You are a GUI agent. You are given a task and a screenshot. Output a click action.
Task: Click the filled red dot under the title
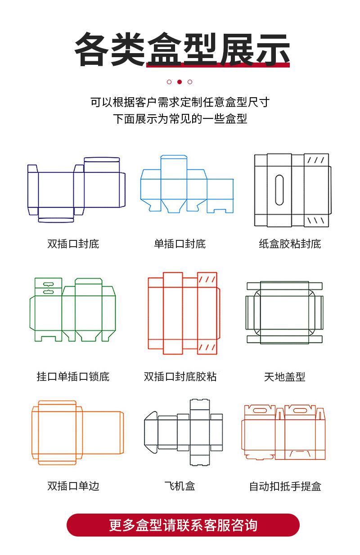(180, 82)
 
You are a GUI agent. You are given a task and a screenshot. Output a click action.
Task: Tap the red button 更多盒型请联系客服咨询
(183, 525)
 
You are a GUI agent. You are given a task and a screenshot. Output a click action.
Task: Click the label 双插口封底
(73, 244)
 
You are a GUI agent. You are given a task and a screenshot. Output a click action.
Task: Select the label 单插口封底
(180, 244)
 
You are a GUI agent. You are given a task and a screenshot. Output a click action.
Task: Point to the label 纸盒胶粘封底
(290, 244)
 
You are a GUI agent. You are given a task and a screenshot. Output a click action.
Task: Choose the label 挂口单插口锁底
(73, 377)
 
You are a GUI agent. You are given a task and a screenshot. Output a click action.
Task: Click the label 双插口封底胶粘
(180, 377)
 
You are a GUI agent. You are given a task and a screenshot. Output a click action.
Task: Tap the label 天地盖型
(284, 377)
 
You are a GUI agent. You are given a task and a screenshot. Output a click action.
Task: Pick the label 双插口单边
(73, 486)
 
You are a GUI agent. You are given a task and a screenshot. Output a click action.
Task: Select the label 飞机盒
(180, 486)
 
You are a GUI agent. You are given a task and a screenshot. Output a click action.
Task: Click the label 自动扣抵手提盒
(285, 486)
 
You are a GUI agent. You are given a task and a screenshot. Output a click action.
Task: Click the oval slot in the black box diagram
(279, 190)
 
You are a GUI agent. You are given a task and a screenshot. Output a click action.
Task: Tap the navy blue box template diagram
(76, 190)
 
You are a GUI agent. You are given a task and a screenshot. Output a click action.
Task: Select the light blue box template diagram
(187, 184)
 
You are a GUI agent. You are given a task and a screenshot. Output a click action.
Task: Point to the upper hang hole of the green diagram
(48, 284)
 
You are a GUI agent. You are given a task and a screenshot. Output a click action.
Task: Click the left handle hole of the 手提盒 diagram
(260, 411)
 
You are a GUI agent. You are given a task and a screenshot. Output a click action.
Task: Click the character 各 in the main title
(92, 50)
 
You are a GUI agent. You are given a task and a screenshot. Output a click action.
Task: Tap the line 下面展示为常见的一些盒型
(180, 119)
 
